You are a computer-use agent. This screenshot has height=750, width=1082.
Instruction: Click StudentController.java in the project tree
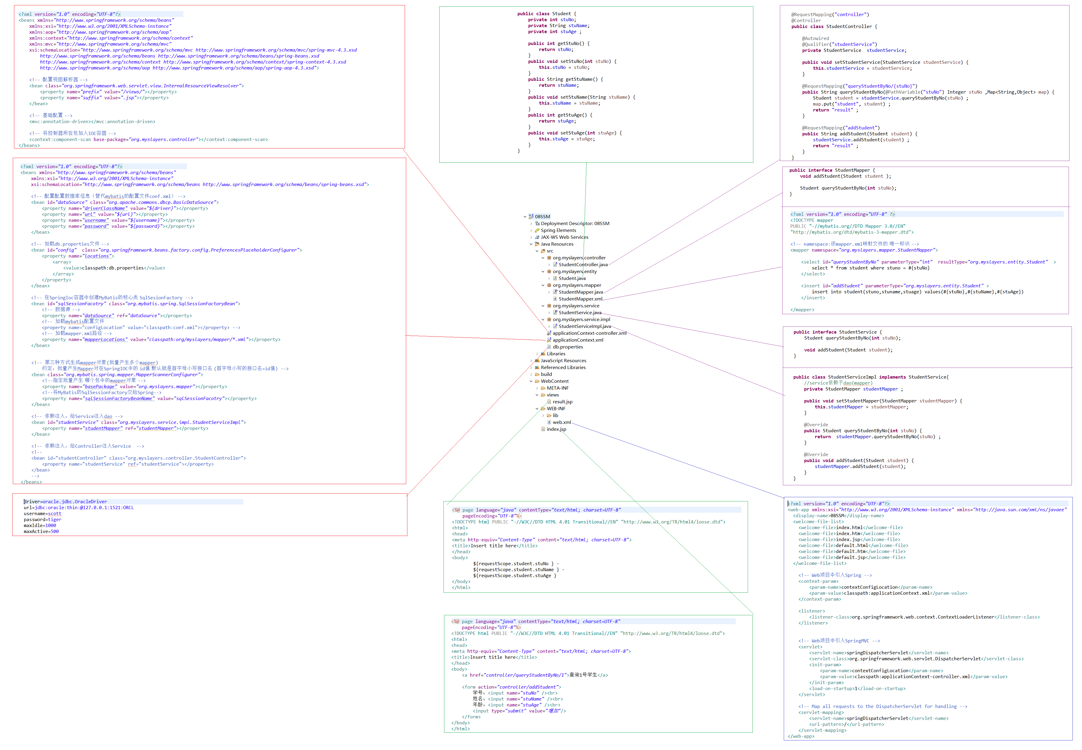coord(582,265)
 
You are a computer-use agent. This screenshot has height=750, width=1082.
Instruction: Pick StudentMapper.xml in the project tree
coord(580,299)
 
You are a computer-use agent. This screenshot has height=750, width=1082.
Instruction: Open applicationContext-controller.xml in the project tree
coord(589,333)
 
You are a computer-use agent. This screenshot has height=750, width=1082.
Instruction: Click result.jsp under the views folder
coord(562,402)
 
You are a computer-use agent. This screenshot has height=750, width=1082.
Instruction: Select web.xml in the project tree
coord(562,422)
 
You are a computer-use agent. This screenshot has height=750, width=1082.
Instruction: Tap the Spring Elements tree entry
coord(558,230)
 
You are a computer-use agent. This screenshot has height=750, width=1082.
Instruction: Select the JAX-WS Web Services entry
coord(564,237)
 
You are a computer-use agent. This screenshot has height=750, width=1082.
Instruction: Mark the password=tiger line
coord(42,519)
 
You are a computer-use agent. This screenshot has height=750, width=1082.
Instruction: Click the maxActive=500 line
coord(41,531)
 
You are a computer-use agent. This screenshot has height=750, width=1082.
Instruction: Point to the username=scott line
coord(42,514)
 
